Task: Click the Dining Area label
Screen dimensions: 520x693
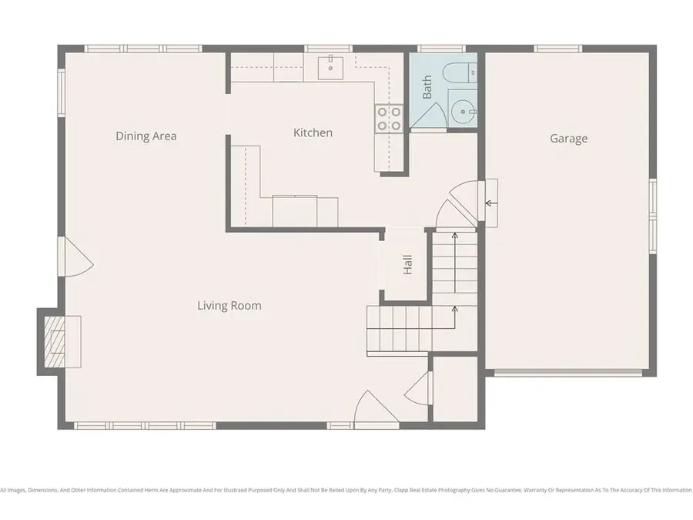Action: click(146, 136)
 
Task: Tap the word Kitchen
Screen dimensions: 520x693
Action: click(313, 133)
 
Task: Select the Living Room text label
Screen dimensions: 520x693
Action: click(229, 306)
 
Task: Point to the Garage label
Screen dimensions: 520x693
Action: click(568, 139)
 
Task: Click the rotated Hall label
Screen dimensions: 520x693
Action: click(408, 264)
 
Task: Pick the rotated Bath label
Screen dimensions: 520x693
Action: click(427, 86)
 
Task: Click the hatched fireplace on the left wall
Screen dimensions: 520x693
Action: click(55, 341)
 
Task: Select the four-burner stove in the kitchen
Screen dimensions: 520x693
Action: click(388, 117)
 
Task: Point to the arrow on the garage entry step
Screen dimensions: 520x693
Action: click(490, 203)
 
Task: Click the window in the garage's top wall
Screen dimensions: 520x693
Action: click(557, 49)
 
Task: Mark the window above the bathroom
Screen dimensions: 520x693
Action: click(441, 49)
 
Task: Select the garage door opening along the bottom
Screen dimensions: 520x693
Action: click(567, 374)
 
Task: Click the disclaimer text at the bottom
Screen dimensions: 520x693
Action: click(346, 490)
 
